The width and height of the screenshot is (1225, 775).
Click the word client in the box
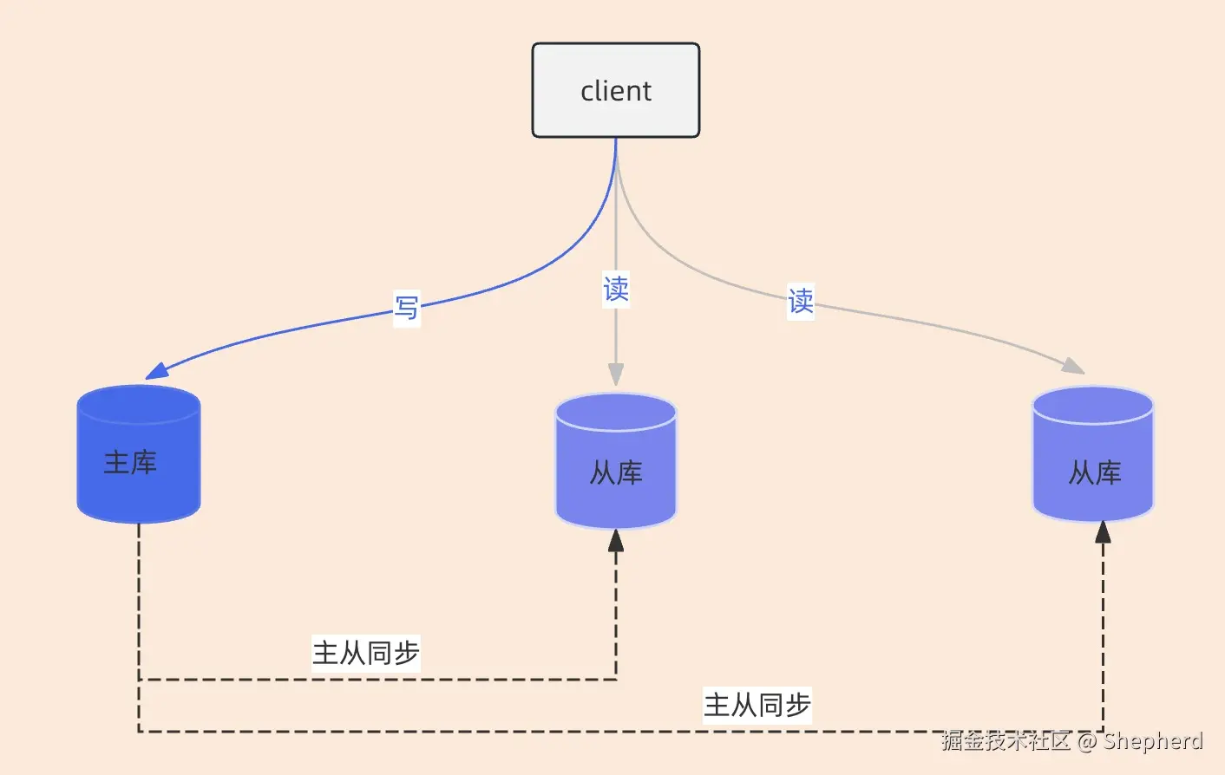point(616,91)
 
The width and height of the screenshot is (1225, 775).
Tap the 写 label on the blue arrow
point(406,308)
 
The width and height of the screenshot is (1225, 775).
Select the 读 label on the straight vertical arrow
point(616,289)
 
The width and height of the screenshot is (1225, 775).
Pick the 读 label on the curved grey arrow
point(800,302)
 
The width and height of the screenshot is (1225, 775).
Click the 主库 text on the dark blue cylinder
point(130,462)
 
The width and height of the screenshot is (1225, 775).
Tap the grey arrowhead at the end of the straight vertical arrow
point(616,374)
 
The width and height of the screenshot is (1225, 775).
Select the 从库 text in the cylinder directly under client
point(616,473)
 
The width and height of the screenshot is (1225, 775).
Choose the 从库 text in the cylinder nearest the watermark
point(1095,473)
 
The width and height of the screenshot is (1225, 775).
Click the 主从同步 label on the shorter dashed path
point(366,653)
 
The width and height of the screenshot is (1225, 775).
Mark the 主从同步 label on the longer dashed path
point(757,705)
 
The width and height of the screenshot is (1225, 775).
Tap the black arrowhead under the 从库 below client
point(616,541)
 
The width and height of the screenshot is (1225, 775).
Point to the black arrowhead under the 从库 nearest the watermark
point(1103,532)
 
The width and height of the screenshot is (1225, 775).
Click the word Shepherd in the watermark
point(1153,741)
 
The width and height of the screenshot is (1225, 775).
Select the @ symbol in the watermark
point(1087,741)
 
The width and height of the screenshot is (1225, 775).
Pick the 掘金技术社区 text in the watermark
point(1006,741)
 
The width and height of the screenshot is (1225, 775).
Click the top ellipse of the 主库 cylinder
point(139,404)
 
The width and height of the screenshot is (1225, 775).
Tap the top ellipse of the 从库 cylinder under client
point(616,412)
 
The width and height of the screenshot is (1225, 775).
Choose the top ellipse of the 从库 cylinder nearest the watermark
point(1093,405)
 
